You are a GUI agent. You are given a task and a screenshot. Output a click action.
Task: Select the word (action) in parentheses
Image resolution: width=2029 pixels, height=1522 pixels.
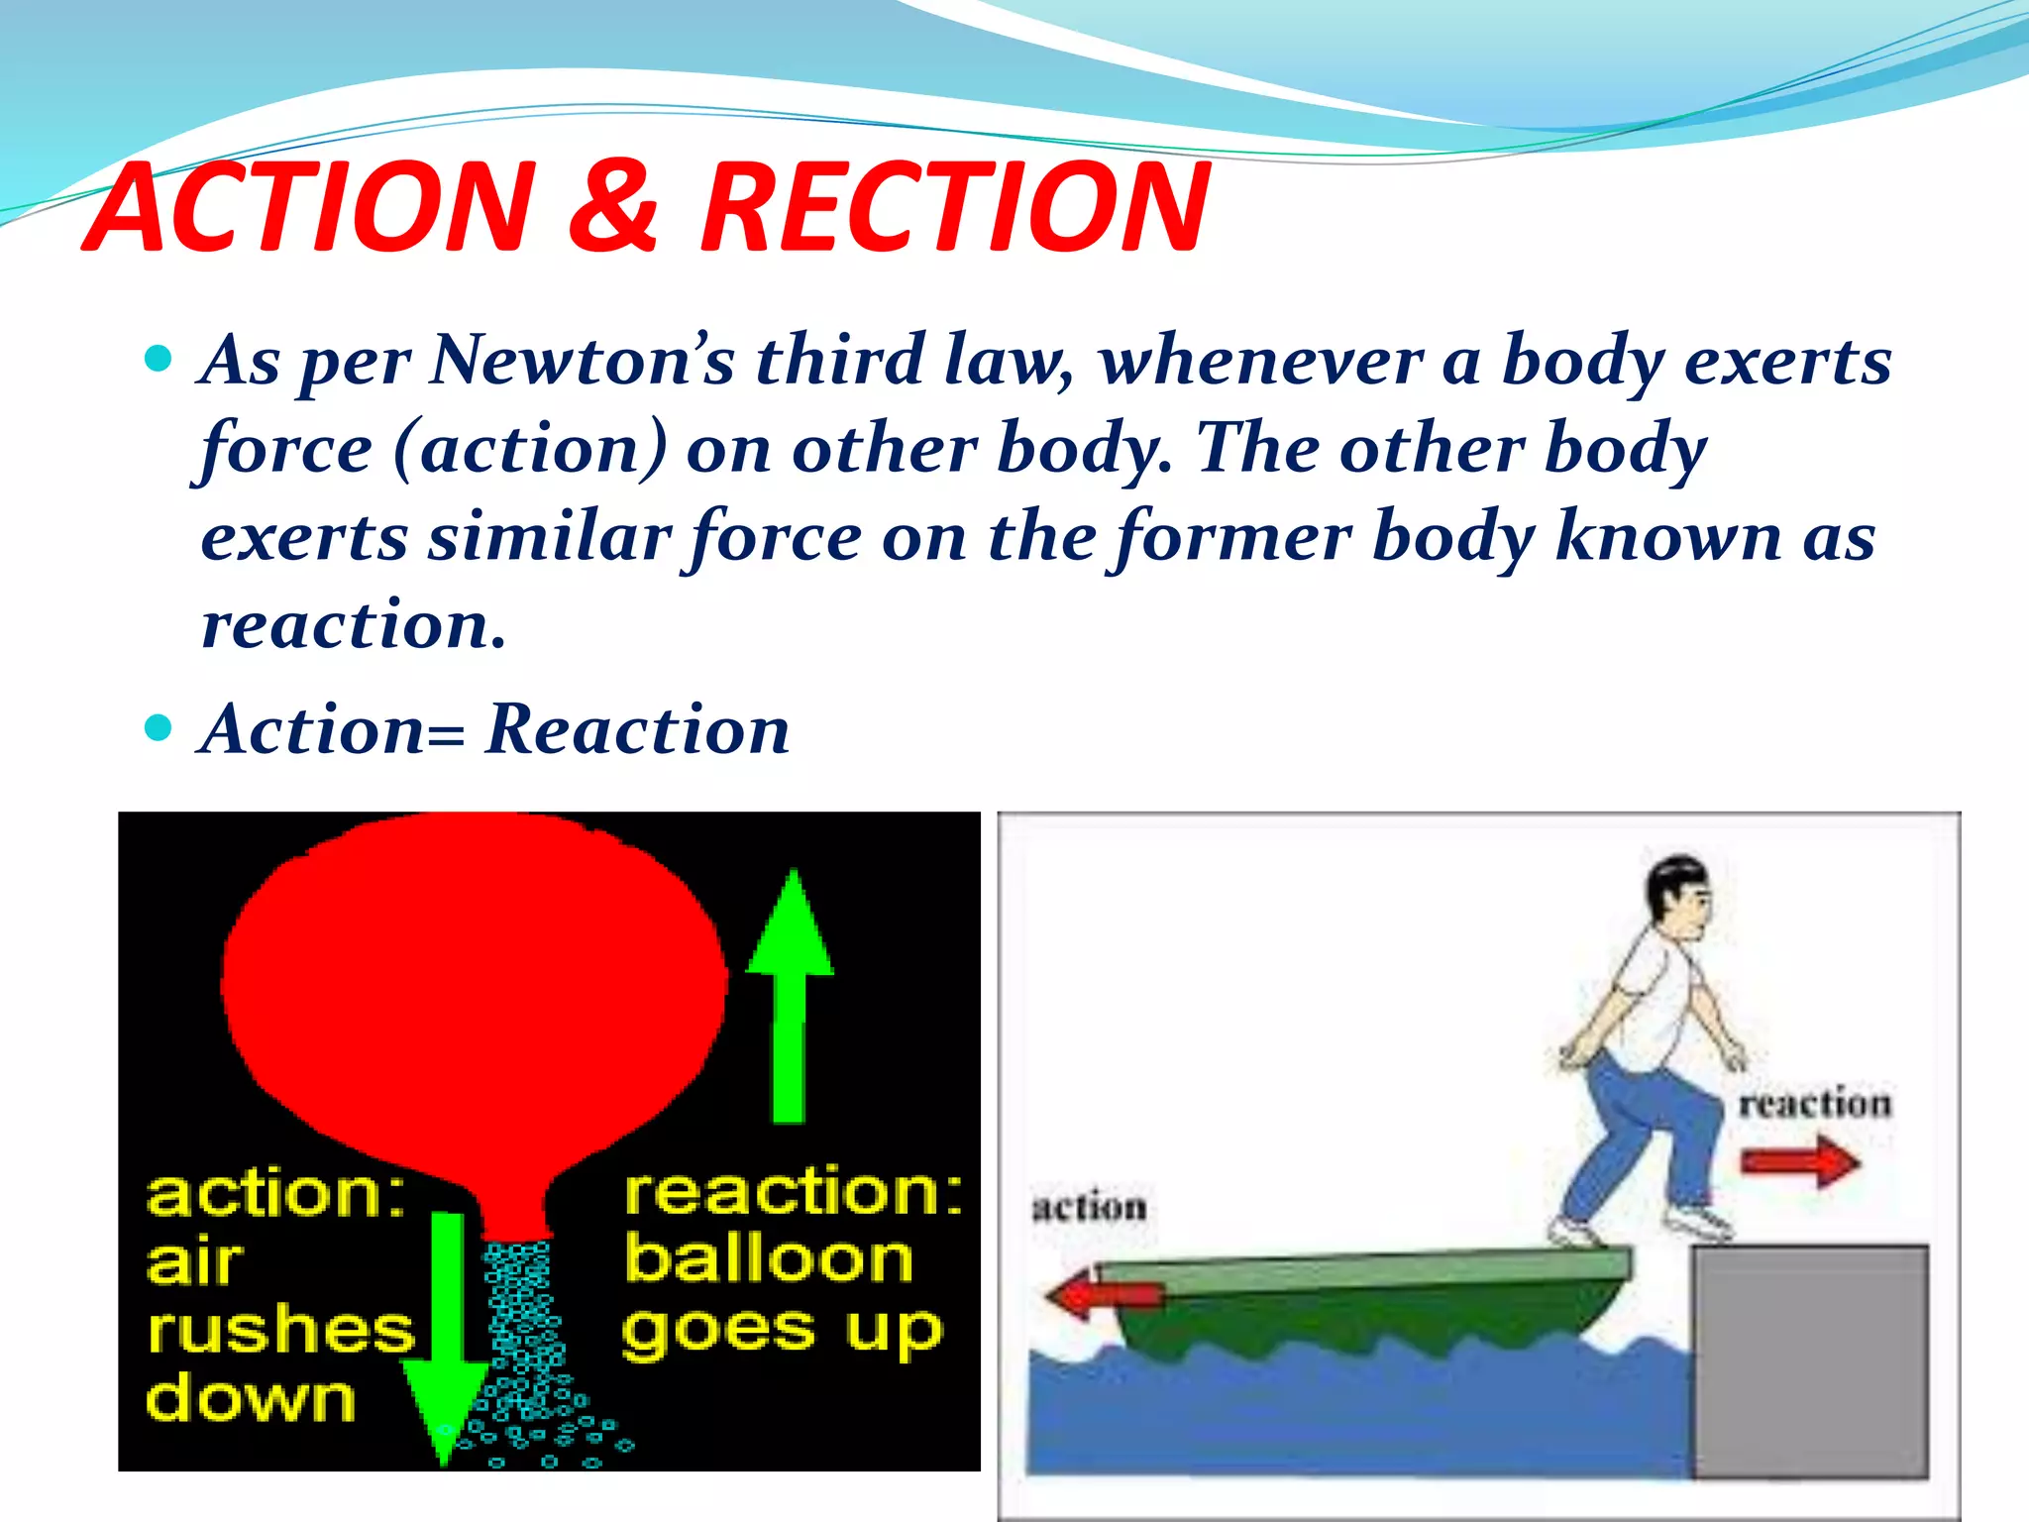[530, 449]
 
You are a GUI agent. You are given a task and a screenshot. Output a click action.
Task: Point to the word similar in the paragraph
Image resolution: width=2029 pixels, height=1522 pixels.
[550, 538]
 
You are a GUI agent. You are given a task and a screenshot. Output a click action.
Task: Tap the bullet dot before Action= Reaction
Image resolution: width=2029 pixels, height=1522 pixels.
[159, 728]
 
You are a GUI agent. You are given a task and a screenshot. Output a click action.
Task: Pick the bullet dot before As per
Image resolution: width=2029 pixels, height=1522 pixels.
[159, 358]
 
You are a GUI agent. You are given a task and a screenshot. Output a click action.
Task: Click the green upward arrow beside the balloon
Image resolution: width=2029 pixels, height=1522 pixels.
[790, 996]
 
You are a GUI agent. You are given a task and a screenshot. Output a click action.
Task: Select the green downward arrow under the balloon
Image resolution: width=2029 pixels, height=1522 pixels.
[446, 1338]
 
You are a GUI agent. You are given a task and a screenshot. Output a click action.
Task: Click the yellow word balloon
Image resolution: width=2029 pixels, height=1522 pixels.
[769, 1260]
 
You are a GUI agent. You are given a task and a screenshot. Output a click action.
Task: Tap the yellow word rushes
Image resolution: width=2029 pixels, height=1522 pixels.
[280, 1330]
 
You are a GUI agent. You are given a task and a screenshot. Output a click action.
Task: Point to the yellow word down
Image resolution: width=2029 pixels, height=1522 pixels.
[251, 1399]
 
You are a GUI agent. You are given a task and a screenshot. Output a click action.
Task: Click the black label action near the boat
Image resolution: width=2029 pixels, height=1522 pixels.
[1090, 1207]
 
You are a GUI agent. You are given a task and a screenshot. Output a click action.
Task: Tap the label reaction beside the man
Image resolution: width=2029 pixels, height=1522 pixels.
[1815, 1103]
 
